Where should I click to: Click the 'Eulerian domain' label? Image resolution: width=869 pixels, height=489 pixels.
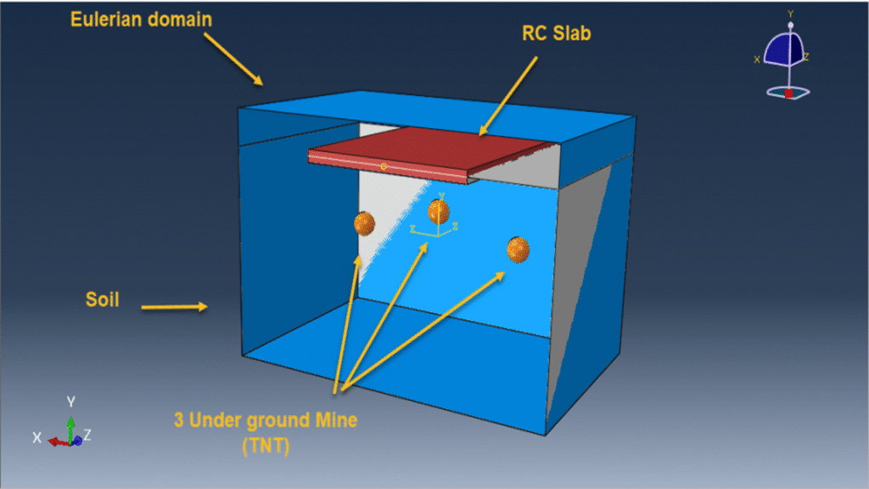click(x=141, y=20)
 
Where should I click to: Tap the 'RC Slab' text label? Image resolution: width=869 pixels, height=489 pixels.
click(x=557, y=33)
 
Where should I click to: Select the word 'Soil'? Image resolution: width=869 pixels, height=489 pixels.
click(x=103, y=300)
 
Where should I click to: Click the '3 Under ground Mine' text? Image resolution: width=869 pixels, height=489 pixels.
click(x=266, y=420)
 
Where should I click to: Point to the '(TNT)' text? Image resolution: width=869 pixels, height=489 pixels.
click(x=266, y=446)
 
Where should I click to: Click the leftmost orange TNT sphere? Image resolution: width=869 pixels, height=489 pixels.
click(x=364, y=223)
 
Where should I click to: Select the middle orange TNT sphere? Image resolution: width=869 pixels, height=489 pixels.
click(x=439, y=211)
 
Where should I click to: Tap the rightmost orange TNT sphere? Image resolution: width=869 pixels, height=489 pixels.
click(x=518, y=250)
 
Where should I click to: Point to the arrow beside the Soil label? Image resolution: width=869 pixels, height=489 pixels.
click(x=174, y=306)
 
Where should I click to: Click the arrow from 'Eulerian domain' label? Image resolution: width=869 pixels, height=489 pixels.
click(x=233, y=59)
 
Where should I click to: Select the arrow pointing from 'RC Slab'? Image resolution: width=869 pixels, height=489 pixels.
click(x=508, y=96)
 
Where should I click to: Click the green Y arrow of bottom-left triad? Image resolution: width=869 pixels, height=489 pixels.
click(x=71, y=429)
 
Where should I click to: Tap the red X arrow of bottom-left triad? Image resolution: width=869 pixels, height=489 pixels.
click(x=59, y=441)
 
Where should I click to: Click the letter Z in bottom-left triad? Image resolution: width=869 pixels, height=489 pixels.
click(x=87, y=436)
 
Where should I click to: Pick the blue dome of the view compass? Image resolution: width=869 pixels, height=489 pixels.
click(x=783, y=48)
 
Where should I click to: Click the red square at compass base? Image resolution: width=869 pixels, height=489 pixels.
click(x=788, y=93)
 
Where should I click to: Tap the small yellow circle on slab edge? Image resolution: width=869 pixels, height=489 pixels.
click(x=384, y=166)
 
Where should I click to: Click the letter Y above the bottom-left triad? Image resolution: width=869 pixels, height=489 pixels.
click(x=71, y=402)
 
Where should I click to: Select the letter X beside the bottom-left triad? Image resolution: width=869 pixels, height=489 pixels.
click(x=36, y=438)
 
